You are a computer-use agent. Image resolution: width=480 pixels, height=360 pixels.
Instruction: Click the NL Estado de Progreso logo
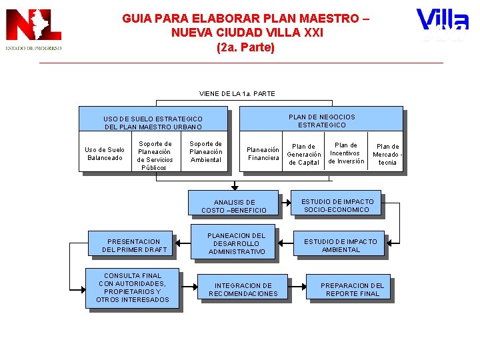(x=33, y=30)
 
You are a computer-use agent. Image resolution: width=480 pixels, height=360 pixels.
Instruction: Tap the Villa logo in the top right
(x=441, y=25)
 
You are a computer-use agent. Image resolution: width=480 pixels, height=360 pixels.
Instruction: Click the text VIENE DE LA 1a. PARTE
(x=237, y=93)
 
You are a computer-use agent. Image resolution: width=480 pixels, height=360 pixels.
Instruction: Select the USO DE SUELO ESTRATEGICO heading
(x=153, y=123)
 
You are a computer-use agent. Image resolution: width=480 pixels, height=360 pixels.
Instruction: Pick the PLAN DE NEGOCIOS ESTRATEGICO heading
(x=322, y=121)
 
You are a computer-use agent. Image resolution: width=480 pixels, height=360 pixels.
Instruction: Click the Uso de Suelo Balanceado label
(x=105, y=154)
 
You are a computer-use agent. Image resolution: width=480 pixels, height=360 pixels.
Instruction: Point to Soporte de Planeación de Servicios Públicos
(x=155, y=155)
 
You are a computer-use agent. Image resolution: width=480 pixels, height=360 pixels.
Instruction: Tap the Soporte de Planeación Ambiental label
(x=206, y=151)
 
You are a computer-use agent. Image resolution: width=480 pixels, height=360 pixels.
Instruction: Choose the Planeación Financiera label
(x=263, y=154)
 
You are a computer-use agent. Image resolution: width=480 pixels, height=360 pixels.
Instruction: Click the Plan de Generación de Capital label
(x=304, y=155)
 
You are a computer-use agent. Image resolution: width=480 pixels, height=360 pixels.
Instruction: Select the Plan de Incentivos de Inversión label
(x=346, y=153)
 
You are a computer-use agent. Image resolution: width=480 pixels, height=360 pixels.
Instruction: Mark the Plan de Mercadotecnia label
(x=387, y=154)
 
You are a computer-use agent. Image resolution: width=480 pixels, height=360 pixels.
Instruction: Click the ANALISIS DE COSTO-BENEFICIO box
(x=234, y=206)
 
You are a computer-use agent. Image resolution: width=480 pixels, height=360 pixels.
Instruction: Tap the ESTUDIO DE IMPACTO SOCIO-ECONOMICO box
(x=337, y=205)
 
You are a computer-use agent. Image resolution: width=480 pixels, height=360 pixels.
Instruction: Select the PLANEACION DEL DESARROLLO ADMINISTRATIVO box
(x=236, y=244)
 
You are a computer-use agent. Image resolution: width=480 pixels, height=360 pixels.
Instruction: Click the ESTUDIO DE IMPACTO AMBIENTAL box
(x=340, y=245)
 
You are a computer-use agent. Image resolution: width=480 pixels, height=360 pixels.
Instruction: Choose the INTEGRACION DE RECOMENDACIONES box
(x=243, y=289)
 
